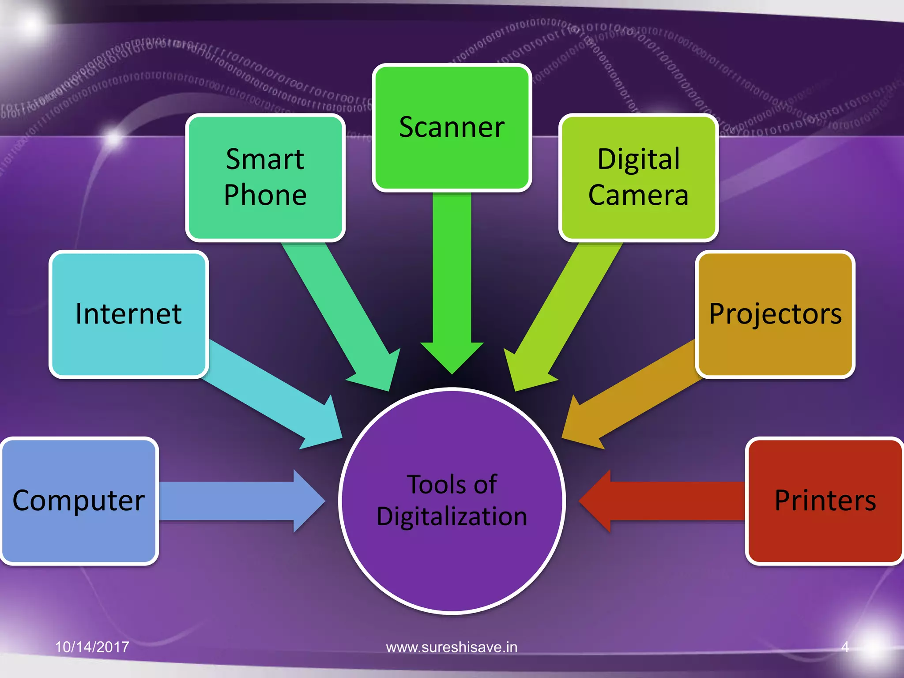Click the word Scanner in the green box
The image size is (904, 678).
pyautogui.click(x=452, y=128)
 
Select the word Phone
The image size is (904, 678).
pyautogui.click(x=265, y=195)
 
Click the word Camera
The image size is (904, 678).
pyautogui.click(x=638, y=195)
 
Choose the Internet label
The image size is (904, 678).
pyautogui.click(x=128, y=314)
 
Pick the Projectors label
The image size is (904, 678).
pyautogui.click(x=775, y=314)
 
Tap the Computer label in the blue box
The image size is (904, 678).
pyautogui.click(x=79, y=501)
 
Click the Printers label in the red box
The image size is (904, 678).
pyautogui.click(x=825, y=501)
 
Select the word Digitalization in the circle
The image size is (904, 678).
pyautogui.click(x=452, y=516)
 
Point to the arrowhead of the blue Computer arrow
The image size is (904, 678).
pyautogui.click(x=309, y=501)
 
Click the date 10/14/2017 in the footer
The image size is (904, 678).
pyautogui.click(x=92, y=647)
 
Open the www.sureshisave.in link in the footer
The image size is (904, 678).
pyautogui.click(x=452, y=647)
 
